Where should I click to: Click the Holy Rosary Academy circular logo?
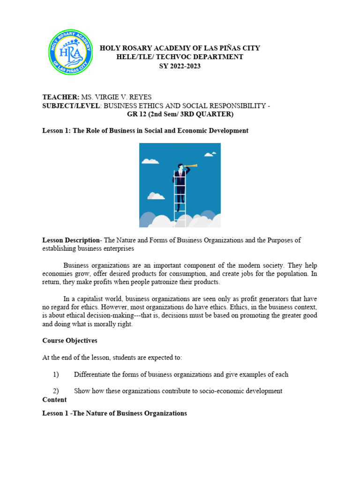(x=70, y=52)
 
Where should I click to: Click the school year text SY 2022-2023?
(x=180, y=66)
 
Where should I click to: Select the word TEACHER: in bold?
(x=61, y=97)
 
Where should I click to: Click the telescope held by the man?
(x=190, y=165)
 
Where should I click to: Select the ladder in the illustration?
(x=179, y=197)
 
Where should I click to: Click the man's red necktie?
(x=180, y=176)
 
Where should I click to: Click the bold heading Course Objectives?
(x=70, y=340)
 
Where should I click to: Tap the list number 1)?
(x=56, y=374)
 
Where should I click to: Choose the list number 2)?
(x=56, y=391)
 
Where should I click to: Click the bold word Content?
(x=54, y=400)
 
